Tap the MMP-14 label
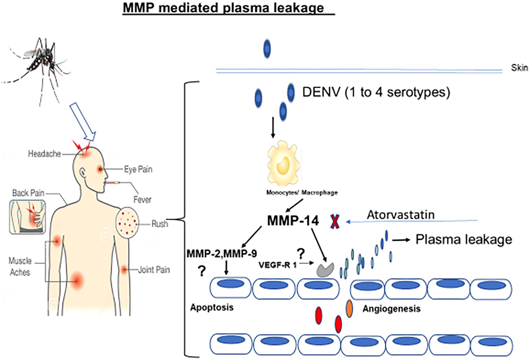coord(293,221)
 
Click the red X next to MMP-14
coord(335,221)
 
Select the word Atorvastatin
coord(401,215)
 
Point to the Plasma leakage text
coord(463,239)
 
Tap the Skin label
coord(519,68)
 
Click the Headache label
coord(44,154)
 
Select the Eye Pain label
coord(138,169)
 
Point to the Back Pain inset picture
coord(28,216)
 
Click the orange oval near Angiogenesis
coord(349,309)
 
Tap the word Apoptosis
coord(212,307)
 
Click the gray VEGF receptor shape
coord(325,270)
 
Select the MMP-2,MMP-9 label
coord(222,254)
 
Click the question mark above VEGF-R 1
coord(300,254)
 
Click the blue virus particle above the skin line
coord(267,49)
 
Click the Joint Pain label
coord(154,270)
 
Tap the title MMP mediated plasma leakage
coord(223,7)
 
